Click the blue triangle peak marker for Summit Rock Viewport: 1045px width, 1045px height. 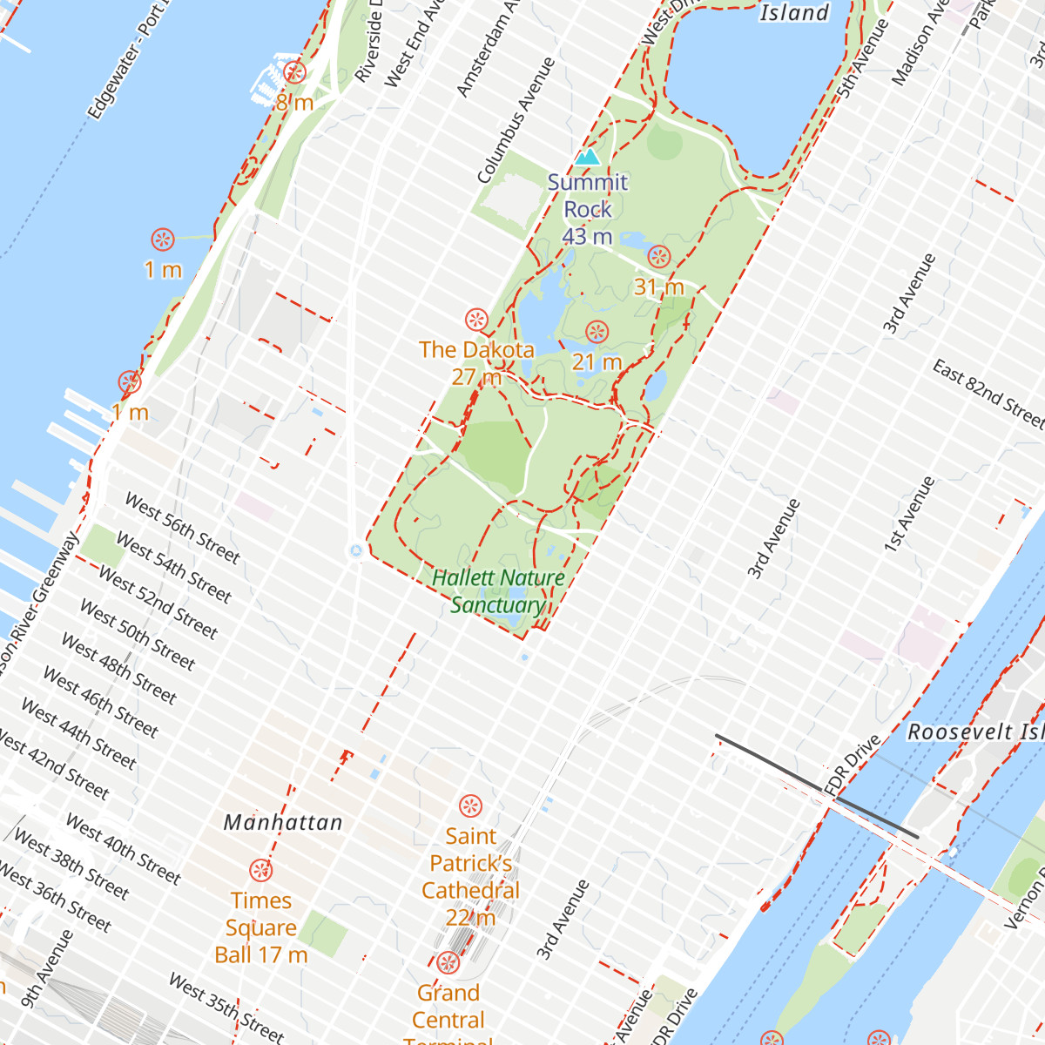click(x=588, y=158)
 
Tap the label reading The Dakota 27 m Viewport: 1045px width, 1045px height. click(x=476, y=362)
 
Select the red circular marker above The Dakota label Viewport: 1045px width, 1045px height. click(x=475, y=320)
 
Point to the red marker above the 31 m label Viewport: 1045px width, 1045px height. click(x=659, y=257)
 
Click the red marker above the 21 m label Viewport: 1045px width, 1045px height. click(x=597, y=332)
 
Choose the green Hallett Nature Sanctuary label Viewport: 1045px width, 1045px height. click(x=498, y=591)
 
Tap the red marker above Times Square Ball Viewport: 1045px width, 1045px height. click(x=260, y=870)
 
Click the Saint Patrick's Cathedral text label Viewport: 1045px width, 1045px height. click(x=470, y=876)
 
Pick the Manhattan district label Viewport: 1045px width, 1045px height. click(x=283, y=822)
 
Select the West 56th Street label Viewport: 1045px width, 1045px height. click(x=181, y=528)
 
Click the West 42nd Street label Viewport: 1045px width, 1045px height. click(x=54, y=766)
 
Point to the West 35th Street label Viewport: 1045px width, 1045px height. click(x=226, y=1008)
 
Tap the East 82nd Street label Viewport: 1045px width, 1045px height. click(x=988, y=394)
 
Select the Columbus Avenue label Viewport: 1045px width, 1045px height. click(x=516, y=120)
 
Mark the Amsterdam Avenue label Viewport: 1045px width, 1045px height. click(x=488, y=48)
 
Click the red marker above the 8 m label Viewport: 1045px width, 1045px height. click(x=295, y=73)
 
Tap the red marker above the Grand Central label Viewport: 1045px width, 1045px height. click(x=448, y=962)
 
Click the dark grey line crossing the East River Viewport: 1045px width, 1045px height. click(x=816, y=786)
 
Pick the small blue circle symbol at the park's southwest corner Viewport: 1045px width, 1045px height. click(x=355, y=550)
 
